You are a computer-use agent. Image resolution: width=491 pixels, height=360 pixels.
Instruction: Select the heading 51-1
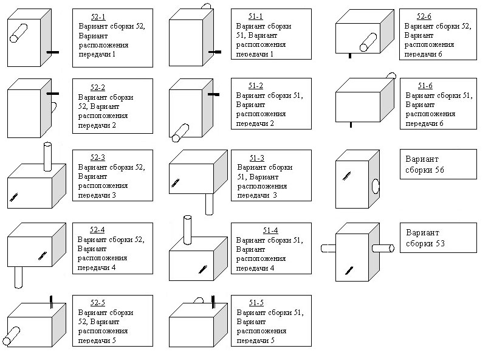click(256, 16)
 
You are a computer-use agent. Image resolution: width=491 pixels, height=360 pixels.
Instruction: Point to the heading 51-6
click(425, 86)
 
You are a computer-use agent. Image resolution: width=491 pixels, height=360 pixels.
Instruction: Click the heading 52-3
click(98, 157)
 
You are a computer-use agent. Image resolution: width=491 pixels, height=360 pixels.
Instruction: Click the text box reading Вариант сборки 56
click(429, 164)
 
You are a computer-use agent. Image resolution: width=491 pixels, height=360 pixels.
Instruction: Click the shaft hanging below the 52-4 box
click(18, 277)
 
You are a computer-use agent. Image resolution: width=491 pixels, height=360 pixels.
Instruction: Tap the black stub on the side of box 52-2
click(53, 94)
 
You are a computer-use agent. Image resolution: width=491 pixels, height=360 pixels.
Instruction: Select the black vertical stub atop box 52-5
click(52, 300)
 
